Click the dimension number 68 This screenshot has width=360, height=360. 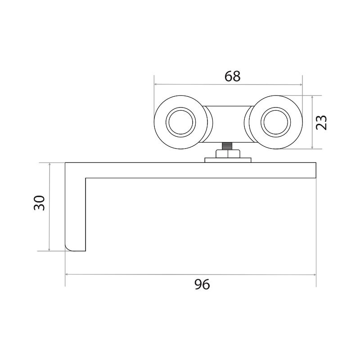[x=232, y=76]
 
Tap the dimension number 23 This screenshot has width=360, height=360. [x=321, y=122]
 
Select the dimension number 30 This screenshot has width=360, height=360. [x=39, y=203]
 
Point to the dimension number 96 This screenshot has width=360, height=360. [x=202, y=284]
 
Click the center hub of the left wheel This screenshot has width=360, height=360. [x=181, y=122]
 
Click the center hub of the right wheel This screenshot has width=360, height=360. [x=276, y=122]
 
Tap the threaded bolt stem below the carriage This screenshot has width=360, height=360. [x=227, y=146]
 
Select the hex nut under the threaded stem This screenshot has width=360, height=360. [x=228, y=153]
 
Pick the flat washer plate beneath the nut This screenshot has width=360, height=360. [x=228, y=160]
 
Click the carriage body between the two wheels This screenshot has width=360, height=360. [x=228, y=124]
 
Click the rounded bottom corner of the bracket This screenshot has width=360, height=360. [x=68, y=248]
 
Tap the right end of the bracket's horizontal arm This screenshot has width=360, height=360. [x=316, y=170]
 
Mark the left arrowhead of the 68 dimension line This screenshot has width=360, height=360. [x=156, y=84]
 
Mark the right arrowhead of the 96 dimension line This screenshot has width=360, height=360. [x=314, y=274]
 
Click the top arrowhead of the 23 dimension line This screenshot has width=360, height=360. [x=312, y=97]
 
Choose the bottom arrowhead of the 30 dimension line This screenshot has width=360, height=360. [x=49, y=249]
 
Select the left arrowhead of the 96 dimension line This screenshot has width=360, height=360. [x=67, y=274]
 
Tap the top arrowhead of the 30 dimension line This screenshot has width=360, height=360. [x=49, y=165]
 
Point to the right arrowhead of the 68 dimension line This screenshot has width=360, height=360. [x=301, y=85]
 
